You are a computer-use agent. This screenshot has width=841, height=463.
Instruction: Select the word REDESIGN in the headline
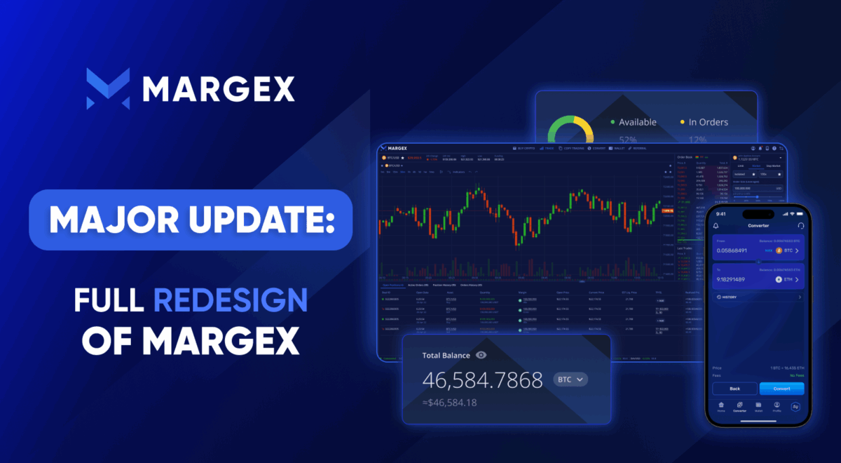click(231, 300)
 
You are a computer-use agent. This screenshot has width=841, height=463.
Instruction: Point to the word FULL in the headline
click(109, 300)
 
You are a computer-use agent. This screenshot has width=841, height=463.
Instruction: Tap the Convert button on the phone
click(781, 388)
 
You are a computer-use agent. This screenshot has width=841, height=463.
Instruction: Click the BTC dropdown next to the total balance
click(570, 380)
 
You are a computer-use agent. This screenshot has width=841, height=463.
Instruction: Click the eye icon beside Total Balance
click(481, 355)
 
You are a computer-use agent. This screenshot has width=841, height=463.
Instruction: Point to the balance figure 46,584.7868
click(482, 380)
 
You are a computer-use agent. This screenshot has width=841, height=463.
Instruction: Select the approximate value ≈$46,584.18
click(450, 402)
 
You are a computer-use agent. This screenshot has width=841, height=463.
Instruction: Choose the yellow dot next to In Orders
click(682, 122)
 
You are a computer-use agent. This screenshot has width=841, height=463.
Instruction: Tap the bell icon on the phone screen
click(716, 226)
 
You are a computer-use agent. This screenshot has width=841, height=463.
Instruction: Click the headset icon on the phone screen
click(800, 226)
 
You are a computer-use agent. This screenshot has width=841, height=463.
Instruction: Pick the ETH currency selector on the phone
click(787, 279)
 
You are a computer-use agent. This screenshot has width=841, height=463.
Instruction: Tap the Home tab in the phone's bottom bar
click(720, 407)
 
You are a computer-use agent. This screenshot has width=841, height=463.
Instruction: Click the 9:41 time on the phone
click(720, 213)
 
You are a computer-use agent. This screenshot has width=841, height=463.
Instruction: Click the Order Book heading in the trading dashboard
click(685, 157)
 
